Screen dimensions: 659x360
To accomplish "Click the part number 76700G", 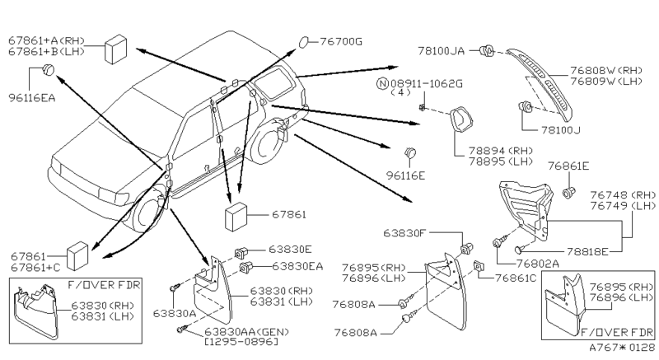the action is [341, 41].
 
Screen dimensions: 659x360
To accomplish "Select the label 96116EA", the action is [32, 98].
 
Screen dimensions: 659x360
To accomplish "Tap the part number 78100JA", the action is [441, 51].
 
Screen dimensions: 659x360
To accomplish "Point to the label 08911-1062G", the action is [427, 83].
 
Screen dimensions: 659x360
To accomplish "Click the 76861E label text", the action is [568, 166].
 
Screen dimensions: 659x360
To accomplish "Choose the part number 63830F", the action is [404, 232].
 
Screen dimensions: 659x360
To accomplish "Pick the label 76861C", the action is [516, 278].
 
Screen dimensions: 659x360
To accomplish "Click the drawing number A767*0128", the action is [622, 348].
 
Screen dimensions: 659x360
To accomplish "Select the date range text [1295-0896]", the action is [241, 342].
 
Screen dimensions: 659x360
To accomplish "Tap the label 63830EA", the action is [297, 266].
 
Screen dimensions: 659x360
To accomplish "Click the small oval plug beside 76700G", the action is [303, 42].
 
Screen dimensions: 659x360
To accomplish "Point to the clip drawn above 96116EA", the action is [49, 69].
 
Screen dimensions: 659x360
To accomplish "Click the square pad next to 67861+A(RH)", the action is [115, 49].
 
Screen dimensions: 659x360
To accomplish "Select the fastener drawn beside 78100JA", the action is [488, 50].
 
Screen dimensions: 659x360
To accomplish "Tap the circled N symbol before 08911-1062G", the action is [382, 83].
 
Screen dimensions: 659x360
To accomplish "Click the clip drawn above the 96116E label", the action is [410, 153].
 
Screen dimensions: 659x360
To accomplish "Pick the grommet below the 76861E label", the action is [568, 193].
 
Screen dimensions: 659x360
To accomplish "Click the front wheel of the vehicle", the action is [148, 213].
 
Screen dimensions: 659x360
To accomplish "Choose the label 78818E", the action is [587, 251].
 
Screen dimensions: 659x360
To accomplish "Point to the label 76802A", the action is [538, 264].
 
